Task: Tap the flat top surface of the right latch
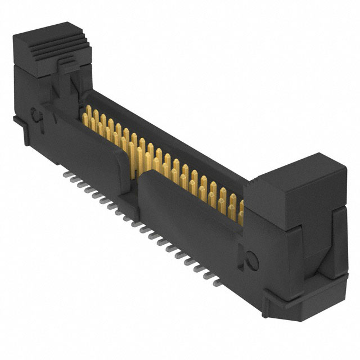[307, 169]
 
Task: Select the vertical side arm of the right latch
[337, 242]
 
